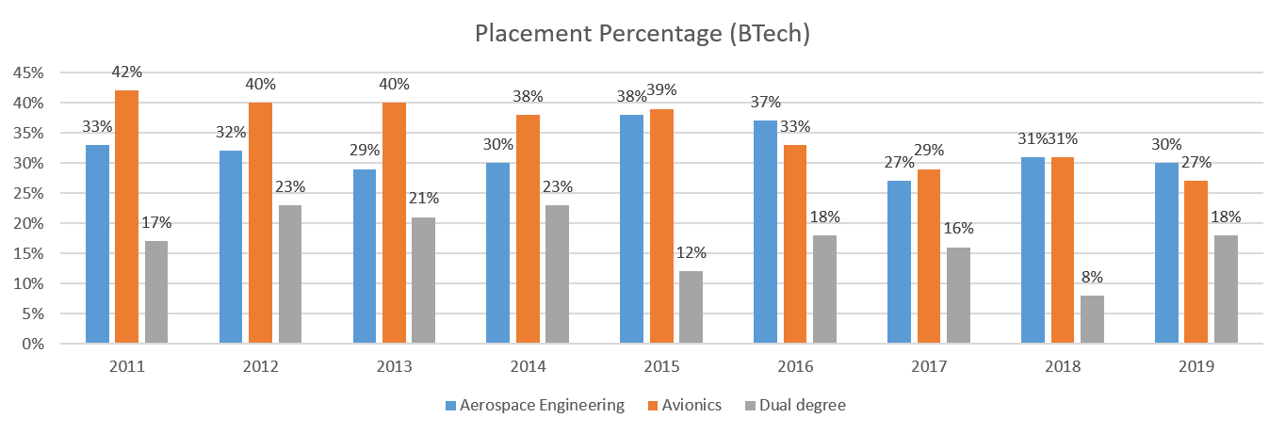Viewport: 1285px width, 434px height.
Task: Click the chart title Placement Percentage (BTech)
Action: click(642, 35)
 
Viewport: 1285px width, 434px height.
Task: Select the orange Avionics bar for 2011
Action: click(126, 217)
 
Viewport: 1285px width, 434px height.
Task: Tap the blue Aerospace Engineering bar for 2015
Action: click(632, 229)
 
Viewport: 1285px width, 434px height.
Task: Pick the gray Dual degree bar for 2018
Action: click(1092, 319)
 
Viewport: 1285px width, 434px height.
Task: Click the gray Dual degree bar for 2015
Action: click(691, 307)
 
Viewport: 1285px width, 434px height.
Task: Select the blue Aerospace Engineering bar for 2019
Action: click(1166, 253)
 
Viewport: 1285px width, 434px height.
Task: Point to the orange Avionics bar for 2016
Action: click(795, 244)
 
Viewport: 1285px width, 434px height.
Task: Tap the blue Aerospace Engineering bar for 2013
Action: click(365, 256)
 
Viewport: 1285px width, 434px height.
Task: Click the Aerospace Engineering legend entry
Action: click(535, 406)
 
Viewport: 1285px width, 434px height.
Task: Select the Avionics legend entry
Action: click(684, 406)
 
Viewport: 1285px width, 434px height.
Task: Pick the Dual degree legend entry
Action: click(797, 406)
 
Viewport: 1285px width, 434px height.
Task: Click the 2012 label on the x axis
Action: click(260, 365)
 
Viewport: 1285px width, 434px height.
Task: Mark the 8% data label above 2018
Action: click(1092, 278)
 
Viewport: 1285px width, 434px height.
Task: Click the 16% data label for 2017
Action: click(958, 229)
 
